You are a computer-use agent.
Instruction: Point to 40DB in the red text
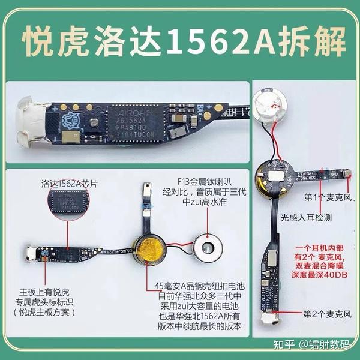coord(332,273)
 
